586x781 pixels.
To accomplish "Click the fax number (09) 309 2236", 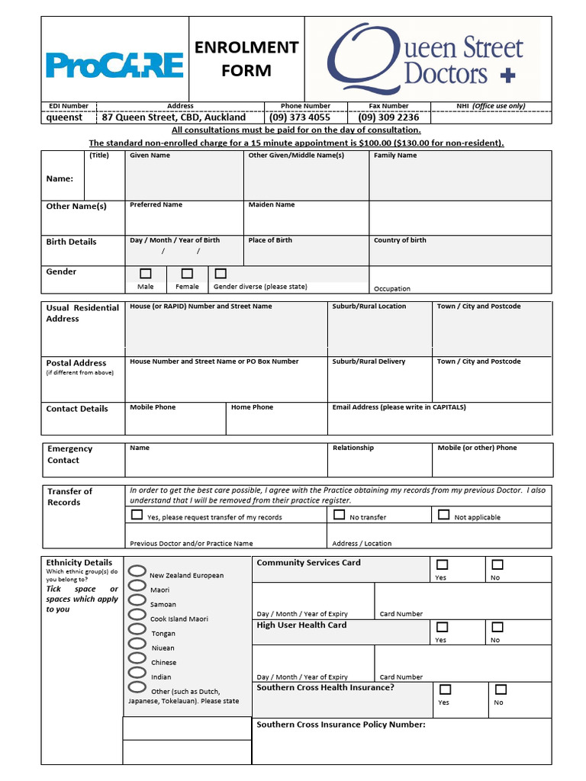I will (388, 117).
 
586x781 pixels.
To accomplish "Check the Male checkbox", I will (146, 273).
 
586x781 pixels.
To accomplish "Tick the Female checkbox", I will (187, 273).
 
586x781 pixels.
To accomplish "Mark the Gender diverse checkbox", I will (221, 273).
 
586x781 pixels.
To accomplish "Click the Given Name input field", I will (184, 180).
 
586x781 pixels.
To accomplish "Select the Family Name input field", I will (459, 180).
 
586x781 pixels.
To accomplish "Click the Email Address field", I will (439, 422).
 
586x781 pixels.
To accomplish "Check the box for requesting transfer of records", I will (137, 515).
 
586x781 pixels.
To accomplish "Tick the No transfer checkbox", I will (340, 515).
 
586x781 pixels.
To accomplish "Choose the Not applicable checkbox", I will (443, 515).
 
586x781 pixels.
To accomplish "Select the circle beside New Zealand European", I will (137, 571).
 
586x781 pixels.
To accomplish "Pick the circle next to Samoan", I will (137, 600).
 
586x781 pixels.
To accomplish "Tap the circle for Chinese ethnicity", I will (137, 658).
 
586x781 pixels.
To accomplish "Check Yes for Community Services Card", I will (442, 565).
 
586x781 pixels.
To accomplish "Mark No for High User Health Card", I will (497, 628).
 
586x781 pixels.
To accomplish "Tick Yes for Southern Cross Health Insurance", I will (443, 689).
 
